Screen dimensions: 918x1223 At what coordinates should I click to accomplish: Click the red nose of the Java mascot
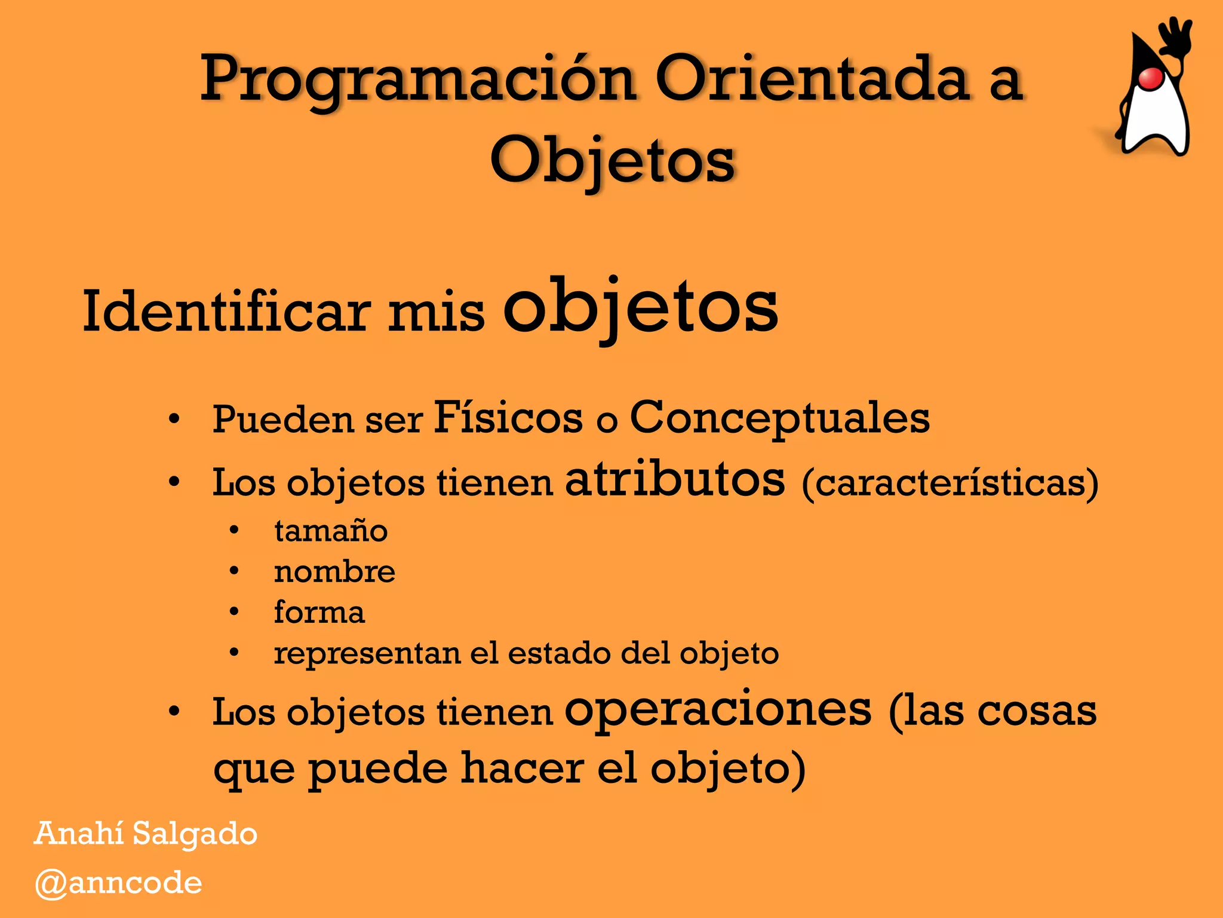[x=1150, y=78]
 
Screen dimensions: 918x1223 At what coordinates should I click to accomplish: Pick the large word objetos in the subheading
[x=641, y=307]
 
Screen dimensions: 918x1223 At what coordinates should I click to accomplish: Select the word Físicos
[x=508, y=417]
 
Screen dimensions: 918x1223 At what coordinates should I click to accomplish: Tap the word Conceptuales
[x=779, y=418]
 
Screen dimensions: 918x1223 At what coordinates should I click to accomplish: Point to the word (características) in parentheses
[x=949, y=482]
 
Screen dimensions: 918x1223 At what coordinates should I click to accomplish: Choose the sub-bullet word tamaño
[x=331, y=531]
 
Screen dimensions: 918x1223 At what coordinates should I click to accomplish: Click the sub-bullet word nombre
[x=334, y=571]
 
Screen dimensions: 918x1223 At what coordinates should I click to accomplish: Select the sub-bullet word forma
[x=319, y=612]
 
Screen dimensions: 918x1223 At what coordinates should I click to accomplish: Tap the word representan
[x=367, y=653]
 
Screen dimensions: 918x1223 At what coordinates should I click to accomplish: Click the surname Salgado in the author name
[x=195, y=834]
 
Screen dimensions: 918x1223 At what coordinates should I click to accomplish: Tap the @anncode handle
[x=118, y=883]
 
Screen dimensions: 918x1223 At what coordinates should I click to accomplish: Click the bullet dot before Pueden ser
[x=174, y=420]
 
